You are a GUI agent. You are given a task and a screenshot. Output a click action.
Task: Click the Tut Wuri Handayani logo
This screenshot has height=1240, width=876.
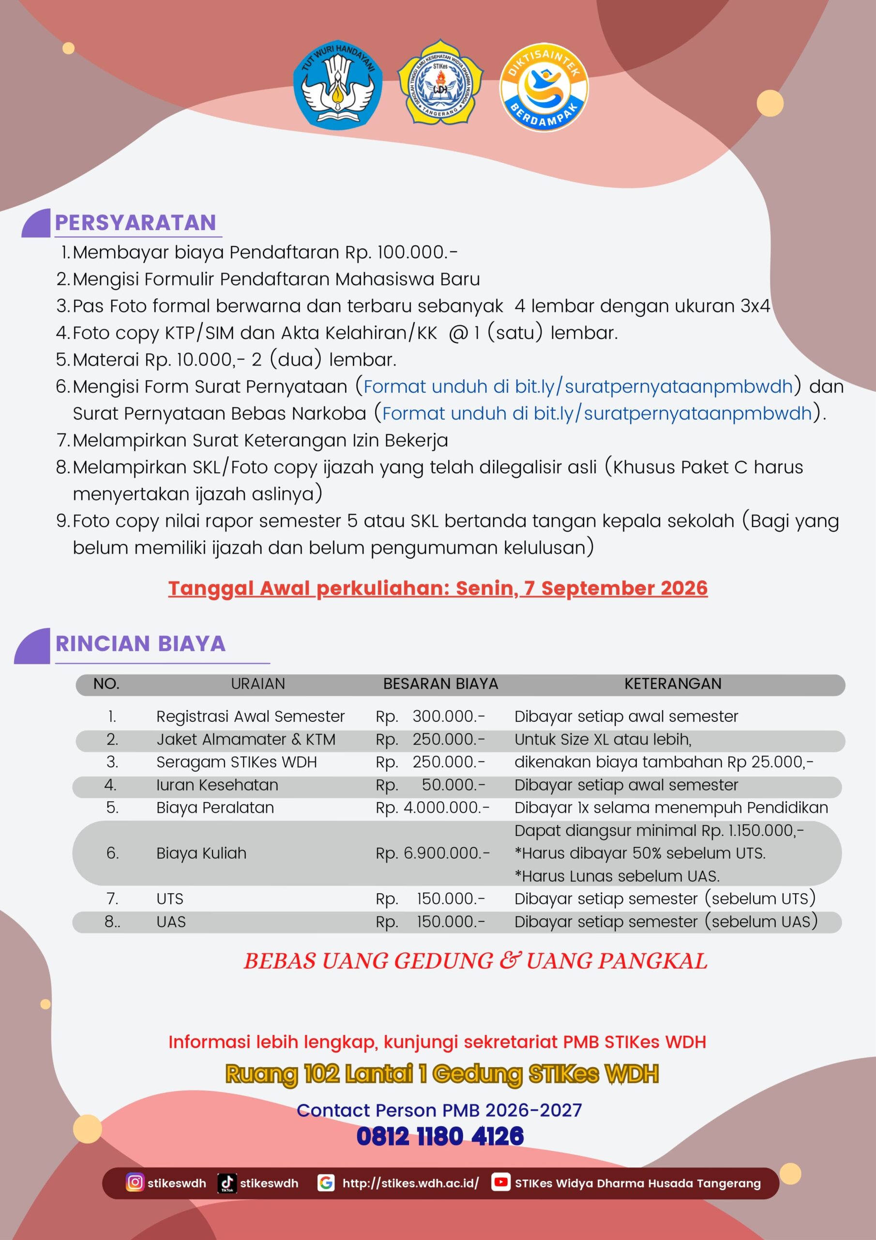338,84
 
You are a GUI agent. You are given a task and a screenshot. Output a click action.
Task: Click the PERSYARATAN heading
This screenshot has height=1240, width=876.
136,222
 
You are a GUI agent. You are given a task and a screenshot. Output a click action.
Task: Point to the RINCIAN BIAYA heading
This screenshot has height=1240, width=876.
140,644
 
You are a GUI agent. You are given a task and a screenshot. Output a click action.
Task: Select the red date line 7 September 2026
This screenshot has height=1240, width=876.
438,588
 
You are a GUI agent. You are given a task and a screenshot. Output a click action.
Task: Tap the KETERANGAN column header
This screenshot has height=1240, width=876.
673,684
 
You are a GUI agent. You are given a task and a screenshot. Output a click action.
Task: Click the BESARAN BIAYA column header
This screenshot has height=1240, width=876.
440,684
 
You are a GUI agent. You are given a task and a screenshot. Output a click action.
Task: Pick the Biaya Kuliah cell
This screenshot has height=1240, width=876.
201,853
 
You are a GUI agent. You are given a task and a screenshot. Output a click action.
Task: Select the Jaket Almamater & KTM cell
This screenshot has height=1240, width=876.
245,739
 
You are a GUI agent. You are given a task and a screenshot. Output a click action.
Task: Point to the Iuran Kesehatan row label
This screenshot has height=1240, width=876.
217,785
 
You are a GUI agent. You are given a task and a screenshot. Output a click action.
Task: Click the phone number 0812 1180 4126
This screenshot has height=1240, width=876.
440,1136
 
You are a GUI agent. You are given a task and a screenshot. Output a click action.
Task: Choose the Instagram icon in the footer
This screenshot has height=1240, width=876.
135,1182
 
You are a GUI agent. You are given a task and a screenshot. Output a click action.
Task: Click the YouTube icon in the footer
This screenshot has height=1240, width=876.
500,1182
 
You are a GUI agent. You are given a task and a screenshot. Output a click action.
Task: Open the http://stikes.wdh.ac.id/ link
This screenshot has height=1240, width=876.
410,1183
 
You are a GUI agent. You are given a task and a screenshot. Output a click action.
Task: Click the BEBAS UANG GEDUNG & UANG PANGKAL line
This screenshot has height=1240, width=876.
475,961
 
